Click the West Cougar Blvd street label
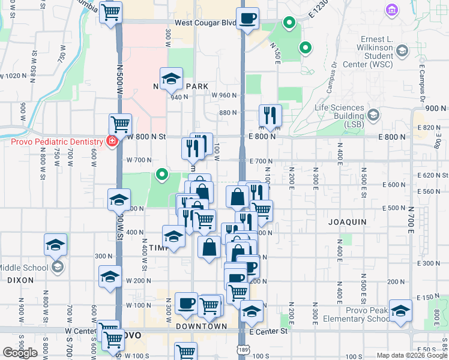[x=205, y=23]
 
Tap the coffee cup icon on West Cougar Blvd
[x=247, y=19]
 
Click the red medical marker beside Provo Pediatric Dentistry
[x=111, y=142]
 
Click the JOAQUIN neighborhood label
[x=347, y=222]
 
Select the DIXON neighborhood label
[x=21, y=280]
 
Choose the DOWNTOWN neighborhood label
[x=202, y=326]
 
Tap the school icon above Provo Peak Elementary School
[x=400, y=310]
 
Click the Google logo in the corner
[x=20, y=352]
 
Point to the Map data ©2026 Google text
[x=412, y=355]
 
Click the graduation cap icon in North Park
[x=171, y=78]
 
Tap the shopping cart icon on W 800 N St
[x=121, y=125]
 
